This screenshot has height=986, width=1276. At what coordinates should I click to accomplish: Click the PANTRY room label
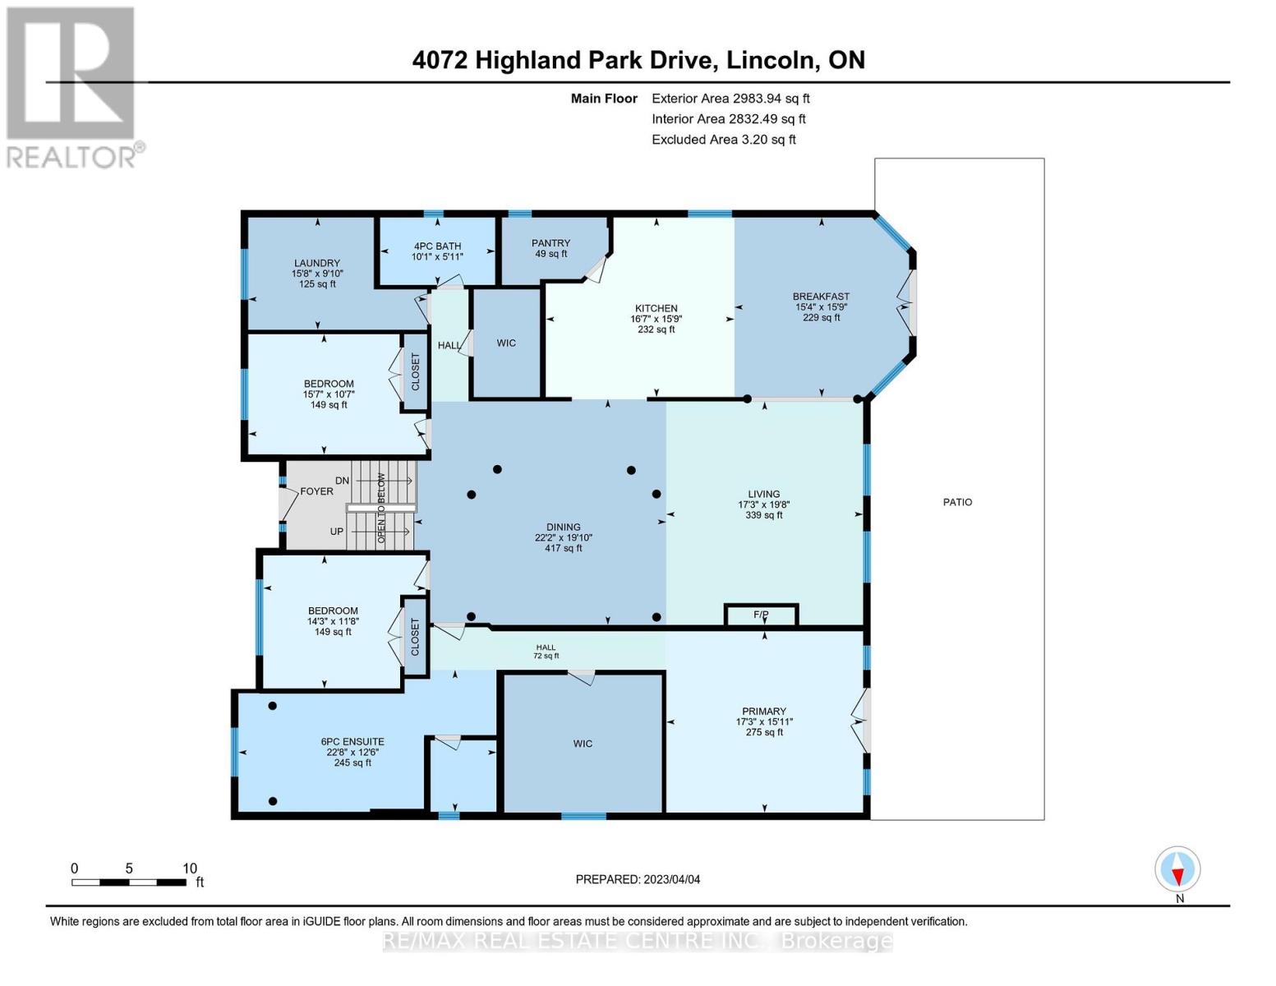click(550, 243)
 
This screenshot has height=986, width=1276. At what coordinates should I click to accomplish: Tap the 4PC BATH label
click(437, 246)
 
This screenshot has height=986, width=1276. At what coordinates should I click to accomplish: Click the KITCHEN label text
click(656, 308)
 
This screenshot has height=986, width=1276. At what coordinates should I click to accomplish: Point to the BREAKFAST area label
click(821, 297)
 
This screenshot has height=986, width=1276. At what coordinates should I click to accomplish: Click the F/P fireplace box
click(761, 615)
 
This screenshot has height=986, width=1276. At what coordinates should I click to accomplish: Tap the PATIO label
click(957, 502)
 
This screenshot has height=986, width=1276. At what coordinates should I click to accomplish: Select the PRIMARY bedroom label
click(764, 712)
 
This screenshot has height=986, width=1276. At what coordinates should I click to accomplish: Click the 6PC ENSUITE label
click(352, 742)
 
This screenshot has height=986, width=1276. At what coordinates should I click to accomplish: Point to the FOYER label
click(316, 491)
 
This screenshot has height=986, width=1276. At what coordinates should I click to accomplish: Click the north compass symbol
click(1177, 869)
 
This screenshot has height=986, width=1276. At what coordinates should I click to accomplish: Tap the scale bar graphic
click(128, 882)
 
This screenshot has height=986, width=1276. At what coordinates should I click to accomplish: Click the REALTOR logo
click(72, 86)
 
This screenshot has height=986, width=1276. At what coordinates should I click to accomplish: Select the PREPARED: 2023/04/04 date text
click(638, 879)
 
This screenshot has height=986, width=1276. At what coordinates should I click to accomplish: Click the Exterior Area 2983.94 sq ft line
click(730, 98)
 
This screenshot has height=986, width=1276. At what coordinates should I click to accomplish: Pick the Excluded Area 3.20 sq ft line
click(723, 140)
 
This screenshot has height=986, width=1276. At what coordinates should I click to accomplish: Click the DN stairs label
click(342, 481)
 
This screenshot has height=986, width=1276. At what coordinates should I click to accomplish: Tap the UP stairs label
click(337, 532)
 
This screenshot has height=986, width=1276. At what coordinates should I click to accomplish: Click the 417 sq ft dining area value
click(564, 548)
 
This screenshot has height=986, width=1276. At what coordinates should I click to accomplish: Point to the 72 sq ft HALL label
click(546, 656)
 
